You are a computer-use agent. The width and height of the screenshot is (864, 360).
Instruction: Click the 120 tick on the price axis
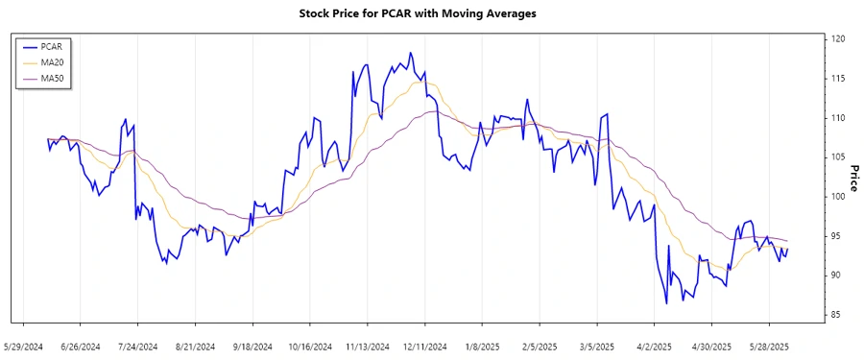click(x=839, y=39)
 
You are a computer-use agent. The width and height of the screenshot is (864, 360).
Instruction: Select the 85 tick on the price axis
click(x=839, y=315)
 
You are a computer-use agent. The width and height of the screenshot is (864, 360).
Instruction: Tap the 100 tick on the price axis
click(x=839, y=197)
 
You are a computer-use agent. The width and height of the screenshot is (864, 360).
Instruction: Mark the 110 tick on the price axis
click(x=839, y=118)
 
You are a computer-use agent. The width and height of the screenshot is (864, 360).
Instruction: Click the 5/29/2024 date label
click(x=24, y=346)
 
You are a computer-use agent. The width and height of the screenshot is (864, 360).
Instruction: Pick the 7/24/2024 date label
click(x=138, y=346)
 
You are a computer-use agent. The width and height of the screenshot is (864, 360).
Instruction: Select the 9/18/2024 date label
click(x=252, y=346)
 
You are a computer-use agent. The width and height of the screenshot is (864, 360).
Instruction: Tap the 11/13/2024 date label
click(x=367, y=346)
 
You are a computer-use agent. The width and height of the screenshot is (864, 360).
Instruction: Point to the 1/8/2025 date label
click(x=482, y=346)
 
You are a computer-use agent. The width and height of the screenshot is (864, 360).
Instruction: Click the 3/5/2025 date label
click(x=596, y=346)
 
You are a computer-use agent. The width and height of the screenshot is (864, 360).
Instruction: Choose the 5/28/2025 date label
click(x=768, y=346)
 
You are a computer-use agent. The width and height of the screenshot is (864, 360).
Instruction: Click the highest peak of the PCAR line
click(x=410, y=53)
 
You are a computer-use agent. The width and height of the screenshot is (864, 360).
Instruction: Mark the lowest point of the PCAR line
click(x=666, y=303)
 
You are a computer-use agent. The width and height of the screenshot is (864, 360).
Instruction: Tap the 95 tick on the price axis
click(x=839, y=236)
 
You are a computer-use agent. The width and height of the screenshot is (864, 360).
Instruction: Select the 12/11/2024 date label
click(x=424, y=346)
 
